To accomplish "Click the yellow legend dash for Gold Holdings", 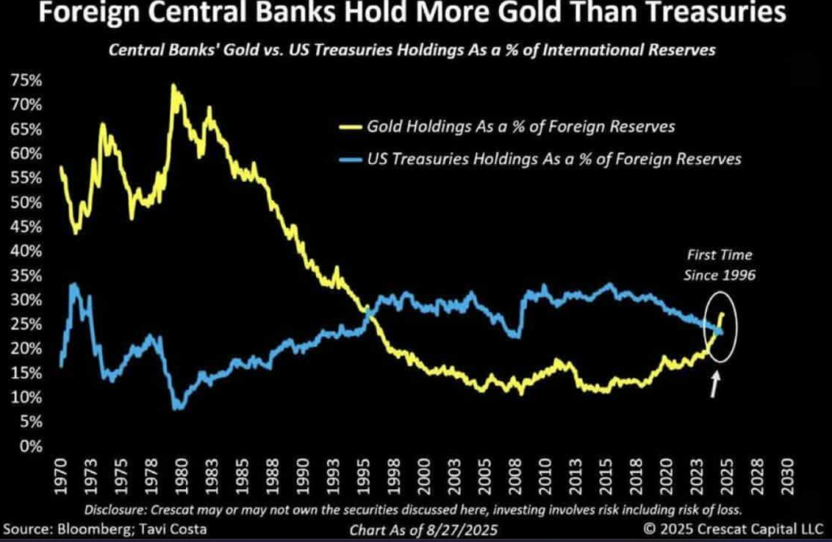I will [350, 127].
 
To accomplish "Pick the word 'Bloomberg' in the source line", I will [96, 530].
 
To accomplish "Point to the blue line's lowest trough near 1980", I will [178, 407].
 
